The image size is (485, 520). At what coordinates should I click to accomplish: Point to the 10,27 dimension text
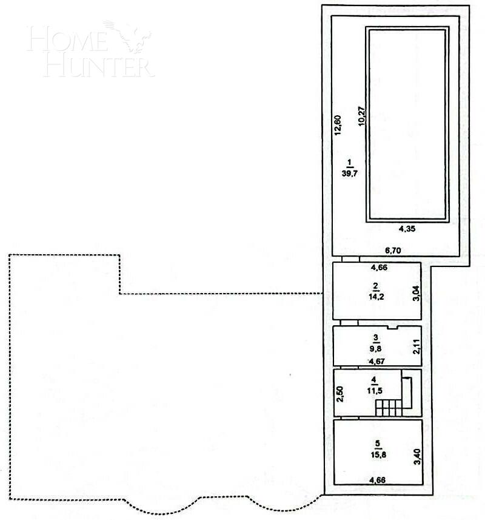361,115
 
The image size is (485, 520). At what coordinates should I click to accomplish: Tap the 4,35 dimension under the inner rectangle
407,229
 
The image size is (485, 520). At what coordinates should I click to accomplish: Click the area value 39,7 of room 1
349,172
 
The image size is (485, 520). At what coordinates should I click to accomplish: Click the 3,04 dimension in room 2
415,294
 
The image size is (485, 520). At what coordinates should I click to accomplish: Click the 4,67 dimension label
377,362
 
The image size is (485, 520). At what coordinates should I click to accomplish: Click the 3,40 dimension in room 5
416,456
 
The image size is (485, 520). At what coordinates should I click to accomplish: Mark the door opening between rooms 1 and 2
350,258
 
